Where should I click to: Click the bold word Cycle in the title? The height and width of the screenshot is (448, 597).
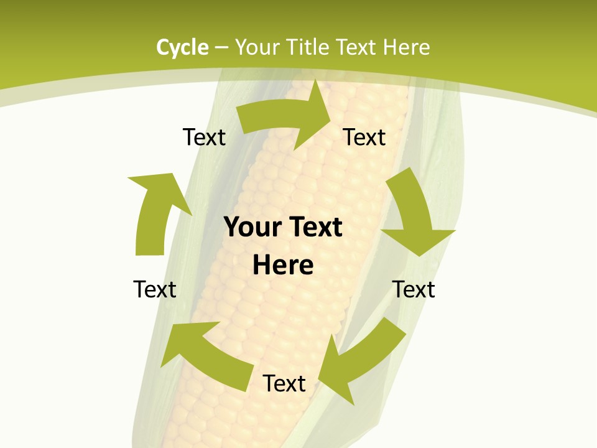click(182, 47)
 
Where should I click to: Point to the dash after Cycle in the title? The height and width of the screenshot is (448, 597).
click(221, 48)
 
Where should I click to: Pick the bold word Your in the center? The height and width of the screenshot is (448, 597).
click(249, 228)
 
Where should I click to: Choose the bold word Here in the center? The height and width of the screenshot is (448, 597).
click(283, 265)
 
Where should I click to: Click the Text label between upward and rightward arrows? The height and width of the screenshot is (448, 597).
click(204, 137)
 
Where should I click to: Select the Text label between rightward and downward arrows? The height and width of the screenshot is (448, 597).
click(364, 137)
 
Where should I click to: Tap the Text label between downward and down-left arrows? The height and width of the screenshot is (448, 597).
click(414, 289)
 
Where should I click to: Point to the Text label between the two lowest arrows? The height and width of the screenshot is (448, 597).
click(284, 383)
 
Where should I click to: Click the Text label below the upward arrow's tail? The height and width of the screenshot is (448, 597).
click(155, 289)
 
